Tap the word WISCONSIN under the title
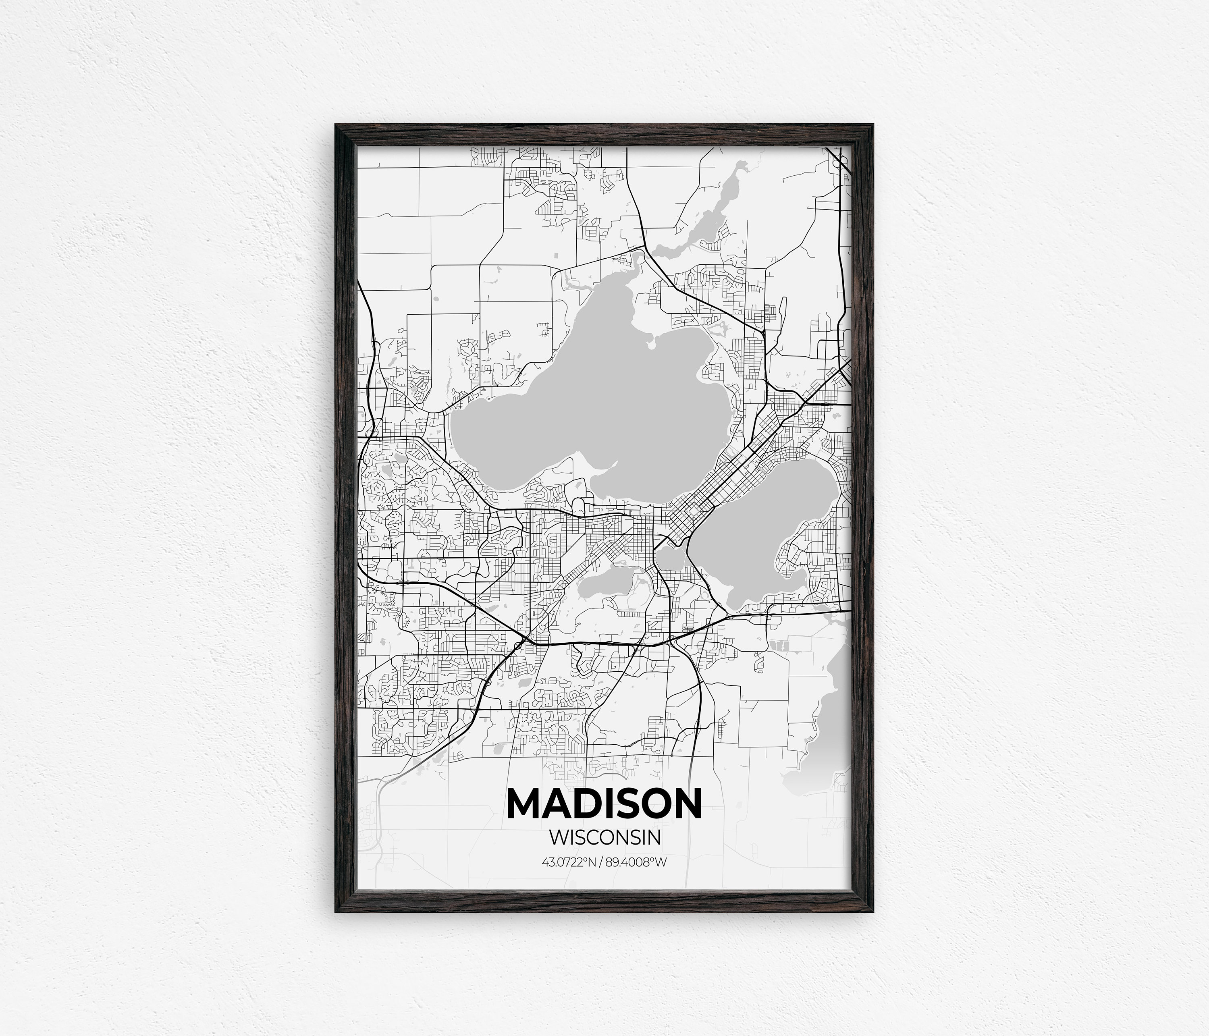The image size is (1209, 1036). tap(604, 838)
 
